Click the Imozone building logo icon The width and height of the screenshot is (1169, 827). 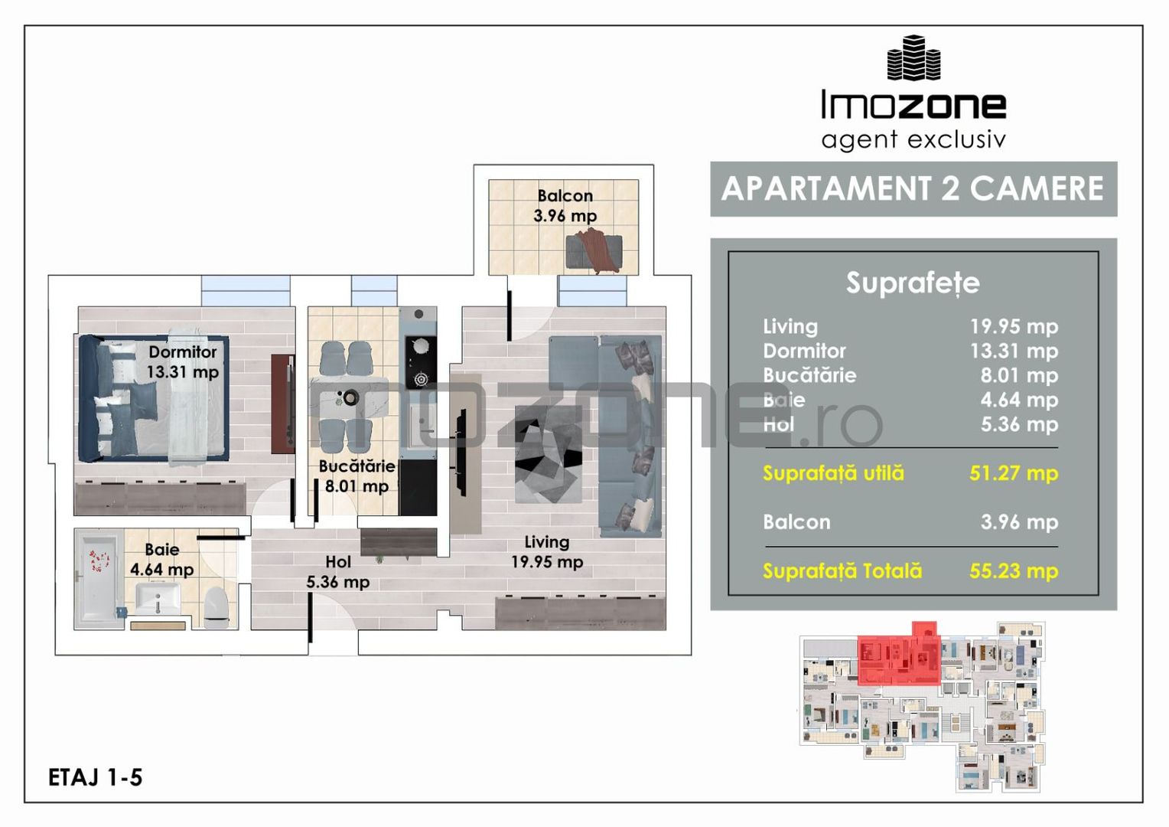[913, 58]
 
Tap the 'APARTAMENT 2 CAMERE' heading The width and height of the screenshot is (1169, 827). [913, 188]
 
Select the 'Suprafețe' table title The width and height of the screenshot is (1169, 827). [913, 283]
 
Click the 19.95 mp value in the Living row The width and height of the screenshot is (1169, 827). [1014, 326]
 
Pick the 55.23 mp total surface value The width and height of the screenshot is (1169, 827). [1014, 571]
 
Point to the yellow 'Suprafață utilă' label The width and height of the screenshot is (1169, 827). [833, 473]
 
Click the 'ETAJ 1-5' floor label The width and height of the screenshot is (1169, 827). [95, 777]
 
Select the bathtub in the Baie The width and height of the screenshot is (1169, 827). [98, 577]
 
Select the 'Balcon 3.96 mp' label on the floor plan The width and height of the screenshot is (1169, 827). [565, 206]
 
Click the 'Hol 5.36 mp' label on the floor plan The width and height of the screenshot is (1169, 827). [337, 572]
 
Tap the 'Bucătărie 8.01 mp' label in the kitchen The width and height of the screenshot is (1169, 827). [357, 476]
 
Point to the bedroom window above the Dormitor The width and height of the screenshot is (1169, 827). [246, 290]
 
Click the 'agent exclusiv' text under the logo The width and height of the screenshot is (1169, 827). [913, 140]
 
